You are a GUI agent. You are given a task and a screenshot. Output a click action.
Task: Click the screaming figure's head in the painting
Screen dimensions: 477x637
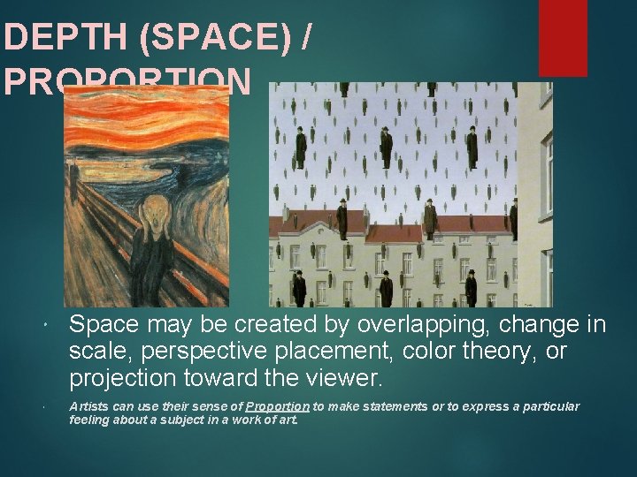click(x=157, y=212)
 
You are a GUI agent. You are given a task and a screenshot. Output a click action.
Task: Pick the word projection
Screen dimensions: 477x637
click(x=124, y=379)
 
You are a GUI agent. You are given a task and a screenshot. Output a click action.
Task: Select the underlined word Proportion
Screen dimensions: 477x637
click(x=278, y=406)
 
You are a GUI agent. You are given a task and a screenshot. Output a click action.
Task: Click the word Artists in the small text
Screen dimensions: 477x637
click(x=89, y=406)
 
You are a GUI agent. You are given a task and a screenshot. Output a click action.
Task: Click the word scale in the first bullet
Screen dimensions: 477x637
click(x=94, y=352)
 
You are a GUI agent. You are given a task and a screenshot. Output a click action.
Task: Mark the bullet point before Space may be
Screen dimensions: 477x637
click(x=44, y=327)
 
